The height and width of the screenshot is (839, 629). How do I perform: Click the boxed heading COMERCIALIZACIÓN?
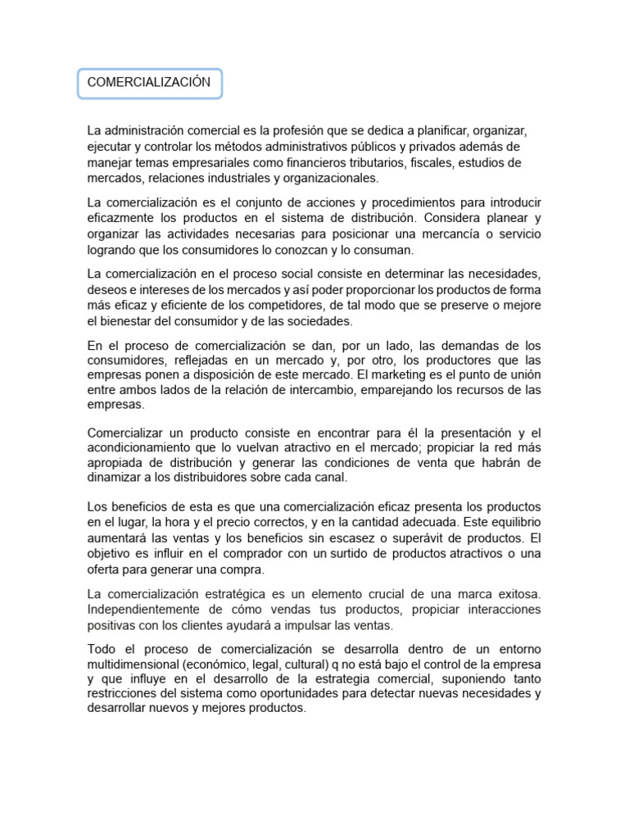point(149,83)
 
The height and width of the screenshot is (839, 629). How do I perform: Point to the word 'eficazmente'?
point(122,218)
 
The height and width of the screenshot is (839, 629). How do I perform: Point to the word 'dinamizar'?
point(114,477)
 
